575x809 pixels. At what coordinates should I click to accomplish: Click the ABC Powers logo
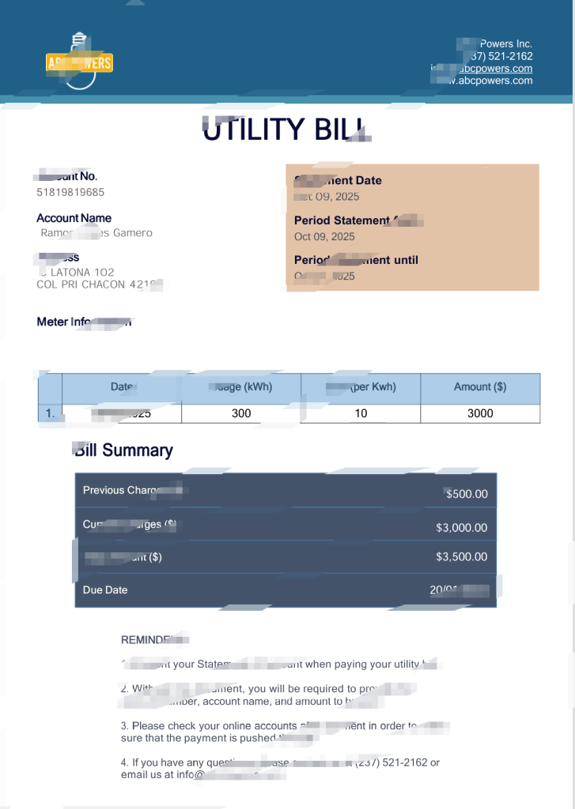click(79, 62)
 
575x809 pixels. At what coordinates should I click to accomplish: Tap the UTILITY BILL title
click(285, 130)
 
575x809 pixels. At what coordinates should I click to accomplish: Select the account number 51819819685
click(70, 192)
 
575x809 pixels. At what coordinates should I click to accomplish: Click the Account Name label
click(74, 218)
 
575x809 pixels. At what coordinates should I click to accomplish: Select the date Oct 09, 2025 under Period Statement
click(324, 236)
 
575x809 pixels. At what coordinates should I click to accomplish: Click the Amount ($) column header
click(480, 387)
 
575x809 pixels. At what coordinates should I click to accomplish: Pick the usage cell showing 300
click(241, 413)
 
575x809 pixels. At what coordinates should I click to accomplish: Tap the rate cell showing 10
click(361, 413)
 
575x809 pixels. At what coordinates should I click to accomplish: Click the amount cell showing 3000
click(480, 413)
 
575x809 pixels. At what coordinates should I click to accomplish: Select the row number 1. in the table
click(51, 413)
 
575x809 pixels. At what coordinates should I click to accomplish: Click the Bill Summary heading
click(124, 450)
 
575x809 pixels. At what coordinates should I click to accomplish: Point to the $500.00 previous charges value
click(467, 495)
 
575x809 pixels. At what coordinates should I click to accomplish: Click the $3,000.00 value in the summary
click(462, 528)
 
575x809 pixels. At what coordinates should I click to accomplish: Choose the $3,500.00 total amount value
click(462, 557)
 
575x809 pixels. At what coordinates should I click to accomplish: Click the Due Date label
click(105, 590)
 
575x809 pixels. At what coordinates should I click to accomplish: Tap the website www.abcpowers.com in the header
click(494, 81)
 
